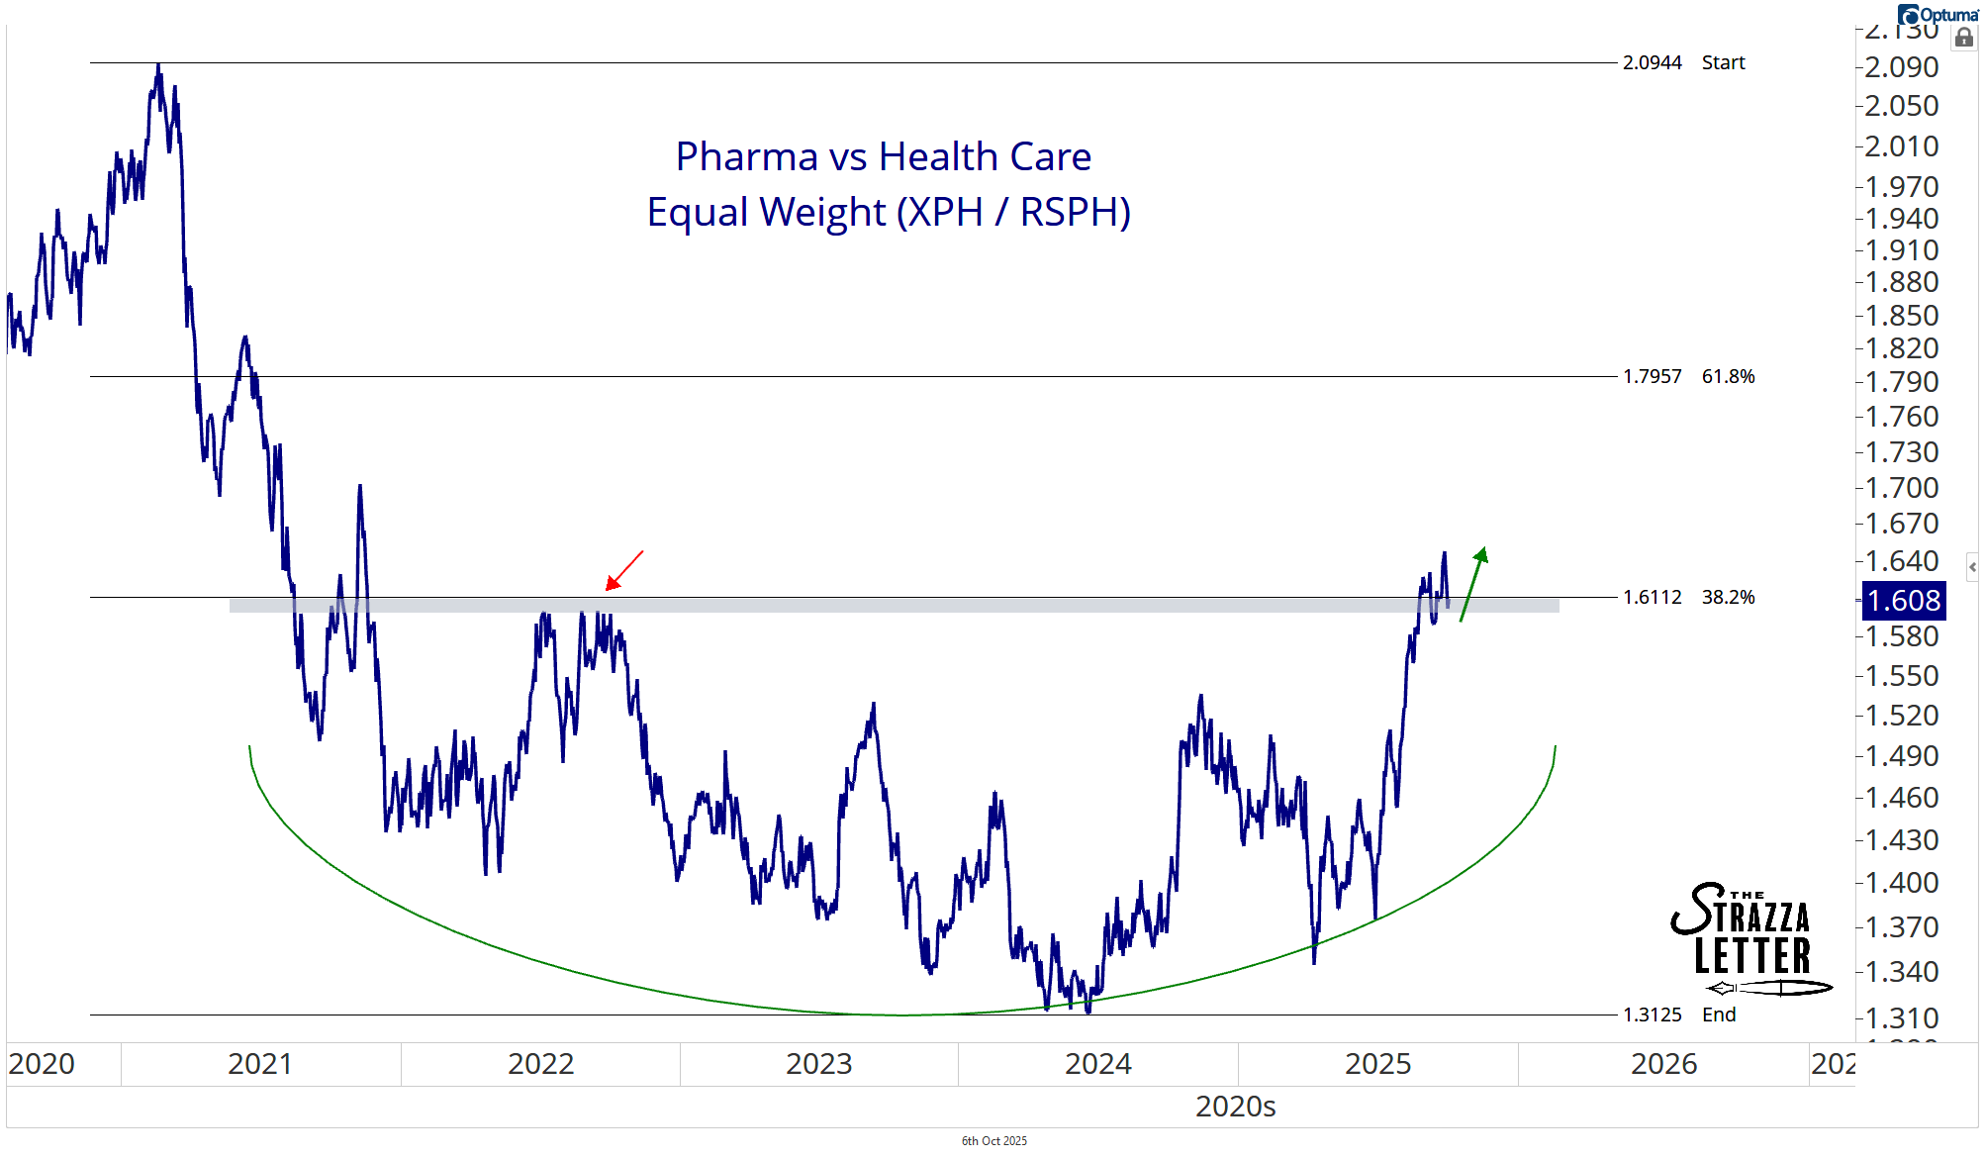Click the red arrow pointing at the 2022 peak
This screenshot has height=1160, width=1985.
[624, 570]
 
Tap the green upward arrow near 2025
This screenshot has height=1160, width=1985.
[1473, 584]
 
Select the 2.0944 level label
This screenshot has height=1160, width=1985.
[1652, 63]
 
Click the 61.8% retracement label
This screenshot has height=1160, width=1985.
[1728, 377]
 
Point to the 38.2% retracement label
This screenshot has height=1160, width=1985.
[1728, 598]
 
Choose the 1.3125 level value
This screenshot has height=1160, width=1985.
[1652, 1015]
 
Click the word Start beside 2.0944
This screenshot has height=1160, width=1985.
[1723, 63]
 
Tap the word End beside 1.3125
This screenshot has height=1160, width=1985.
[1719, 1015]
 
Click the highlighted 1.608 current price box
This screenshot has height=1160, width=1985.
[1904, 601]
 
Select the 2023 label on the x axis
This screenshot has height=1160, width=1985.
[818, 1064]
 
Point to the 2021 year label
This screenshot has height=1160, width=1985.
[259, 1064]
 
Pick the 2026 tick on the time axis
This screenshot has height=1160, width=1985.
[1663, 1064]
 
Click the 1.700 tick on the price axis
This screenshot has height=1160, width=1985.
[1901, 488]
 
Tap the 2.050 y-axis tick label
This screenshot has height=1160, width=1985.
[1901, 106]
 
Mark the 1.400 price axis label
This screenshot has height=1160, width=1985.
[1901, 883]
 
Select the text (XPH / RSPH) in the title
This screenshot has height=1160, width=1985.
[1013, 213]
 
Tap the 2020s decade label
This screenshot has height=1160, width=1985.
[1235, 1107]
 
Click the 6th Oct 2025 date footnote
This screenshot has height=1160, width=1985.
[993, 1141]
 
